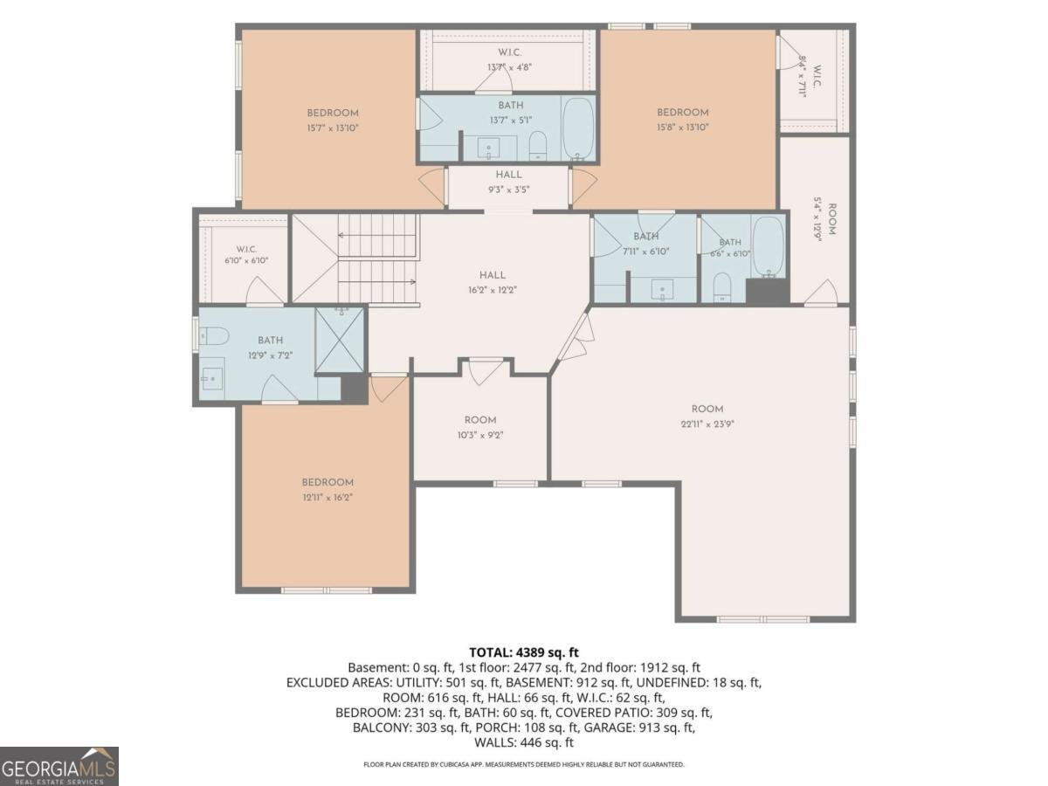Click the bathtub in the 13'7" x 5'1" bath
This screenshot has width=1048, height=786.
point(578,128)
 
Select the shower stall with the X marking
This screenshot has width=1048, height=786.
point(340,340)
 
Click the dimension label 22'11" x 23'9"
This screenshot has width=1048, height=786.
point(707,424)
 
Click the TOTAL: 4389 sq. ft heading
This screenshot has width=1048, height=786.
point(524,652)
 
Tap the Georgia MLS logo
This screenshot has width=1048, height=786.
point(59,766)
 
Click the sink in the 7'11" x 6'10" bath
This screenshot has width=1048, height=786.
point(662,290)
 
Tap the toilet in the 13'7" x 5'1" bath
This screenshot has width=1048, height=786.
point(538,145)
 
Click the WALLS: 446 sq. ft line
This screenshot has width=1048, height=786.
point(524,742)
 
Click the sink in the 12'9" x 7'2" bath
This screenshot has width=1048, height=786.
point(212,379)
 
